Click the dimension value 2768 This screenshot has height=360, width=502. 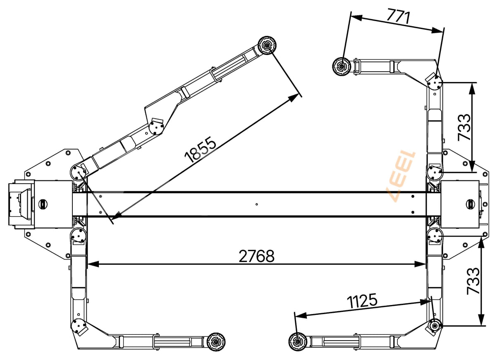click(x=257, y=257)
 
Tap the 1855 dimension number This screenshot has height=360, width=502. click(x=200, y=149)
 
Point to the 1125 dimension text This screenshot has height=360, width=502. click(x=362, y=301)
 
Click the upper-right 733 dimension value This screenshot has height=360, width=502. click(x=464, y=127)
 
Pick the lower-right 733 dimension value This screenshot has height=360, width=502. click(x=473, y=281)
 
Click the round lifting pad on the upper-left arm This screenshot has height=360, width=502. click(x=267, y=45)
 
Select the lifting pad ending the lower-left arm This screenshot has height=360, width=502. click(x=216, y=342)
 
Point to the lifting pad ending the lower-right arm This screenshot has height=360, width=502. click(x=298, y=342)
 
